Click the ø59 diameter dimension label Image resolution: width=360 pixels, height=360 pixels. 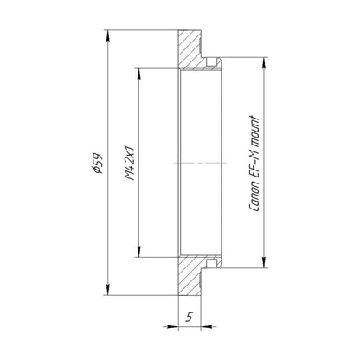(98, 164)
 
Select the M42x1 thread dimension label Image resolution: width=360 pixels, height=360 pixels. (131, 163)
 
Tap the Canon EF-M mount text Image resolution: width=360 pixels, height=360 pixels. (254, 164)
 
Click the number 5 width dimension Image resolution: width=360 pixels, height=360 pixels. (190, 317)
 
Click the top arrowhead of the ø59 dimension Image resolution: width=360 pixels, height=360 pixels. (108, 36)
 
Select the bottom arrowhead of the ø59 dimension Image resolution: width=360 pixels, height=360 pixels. (108, 289)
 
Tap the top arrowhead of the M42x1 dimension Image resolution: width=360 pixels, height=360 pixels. (139, 74)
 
